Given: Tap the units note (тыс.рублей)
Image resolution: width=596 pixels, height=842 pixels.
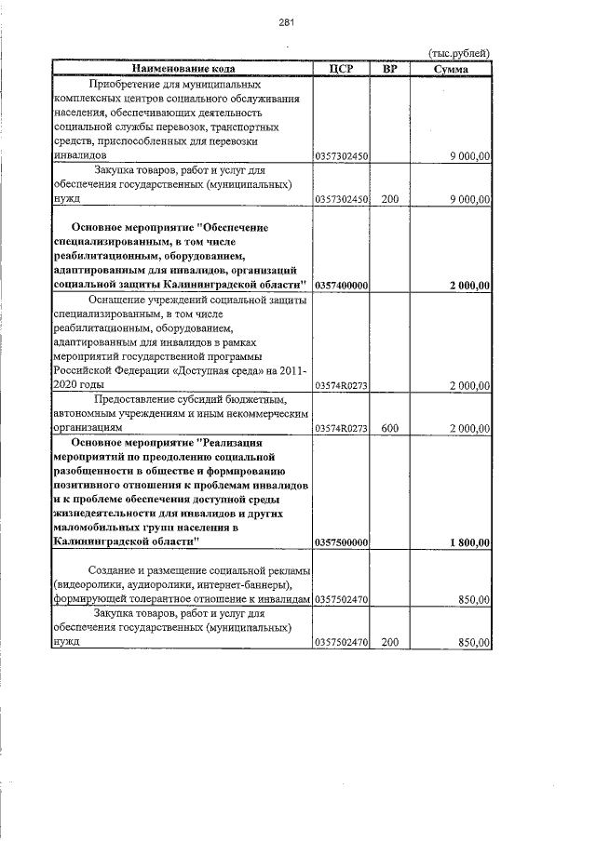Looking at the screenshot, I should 458,54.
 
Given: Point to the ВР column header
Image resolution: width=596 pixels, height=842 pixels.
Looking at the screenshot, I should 389,69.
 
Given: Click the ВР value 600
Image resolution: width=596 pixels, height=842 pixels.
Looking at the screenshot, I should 389,428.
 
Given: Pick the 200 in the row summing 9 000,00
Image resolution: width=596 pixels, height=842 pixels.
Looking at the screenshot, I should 389,199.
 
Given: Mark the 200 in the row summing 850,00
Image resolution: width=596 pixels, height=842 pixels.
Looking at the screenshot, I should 389,642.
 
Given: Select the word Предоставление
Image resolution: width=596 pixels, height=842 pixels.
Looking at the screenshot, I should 134,399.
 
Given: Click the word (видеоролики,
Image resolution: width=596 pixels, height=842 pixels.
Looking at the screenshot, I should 92,584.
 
